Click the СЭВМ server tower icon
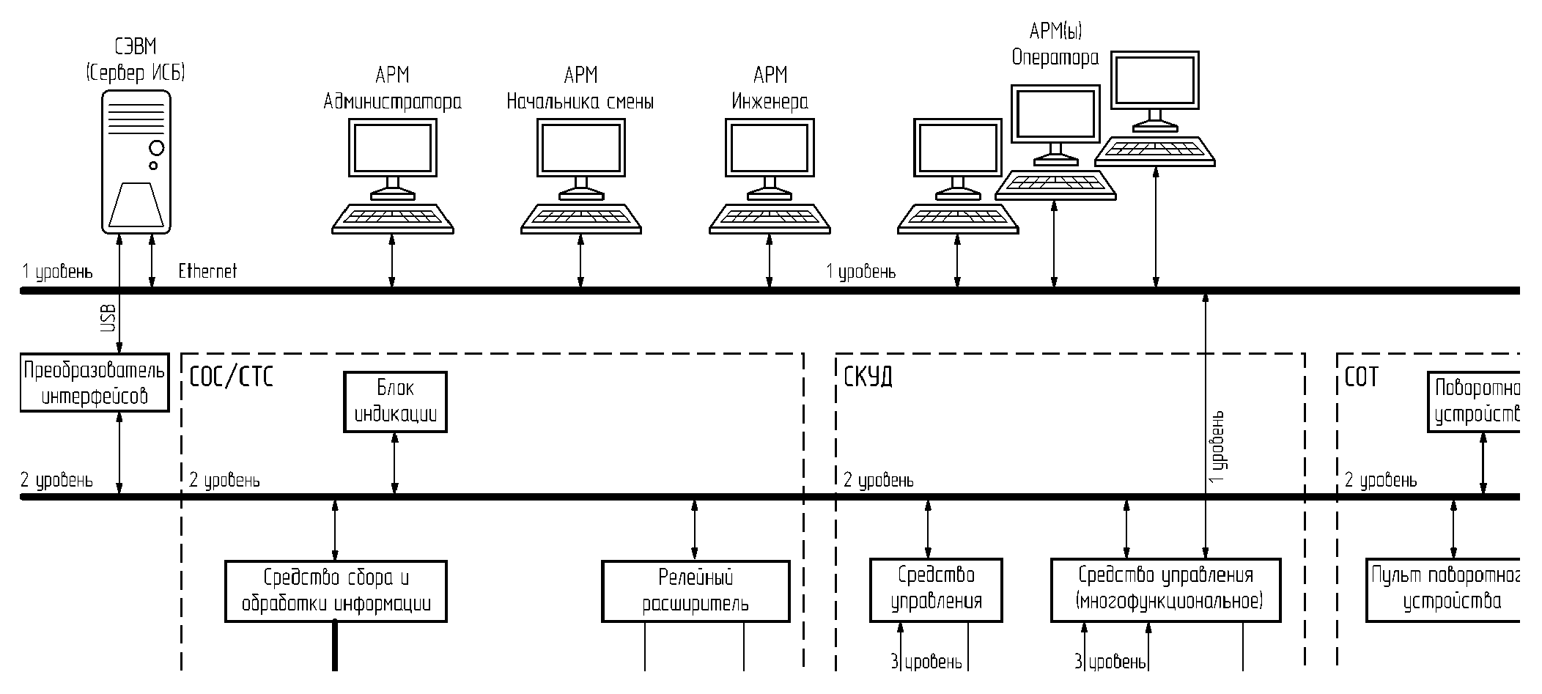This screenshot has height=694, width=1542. (x=136, y=161)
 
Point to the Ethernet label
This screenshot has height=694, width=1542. (x=207, y=272)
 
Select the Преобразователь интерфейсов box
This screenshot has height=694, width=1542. (x=95, y=383)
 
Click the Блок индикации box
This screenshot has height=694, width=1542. (x=395, y=402)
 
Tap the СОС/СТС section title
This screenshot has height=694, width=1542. (x=231, y=377)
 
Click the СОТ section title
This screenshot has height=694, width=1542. (x=1361, y=377)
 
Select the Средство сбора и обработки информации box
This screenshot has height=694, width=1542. (x=336, y=591)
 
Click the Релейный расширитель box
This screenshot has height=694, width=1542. (x=696, y=591)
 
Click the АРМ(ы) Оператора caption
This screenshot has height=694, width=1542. (x=1055, y=44)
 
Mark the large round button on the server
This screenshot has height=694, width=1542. (x=156, y=149)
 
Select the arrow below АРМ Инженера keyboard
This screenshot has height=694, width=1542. (x=770, y=260)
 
